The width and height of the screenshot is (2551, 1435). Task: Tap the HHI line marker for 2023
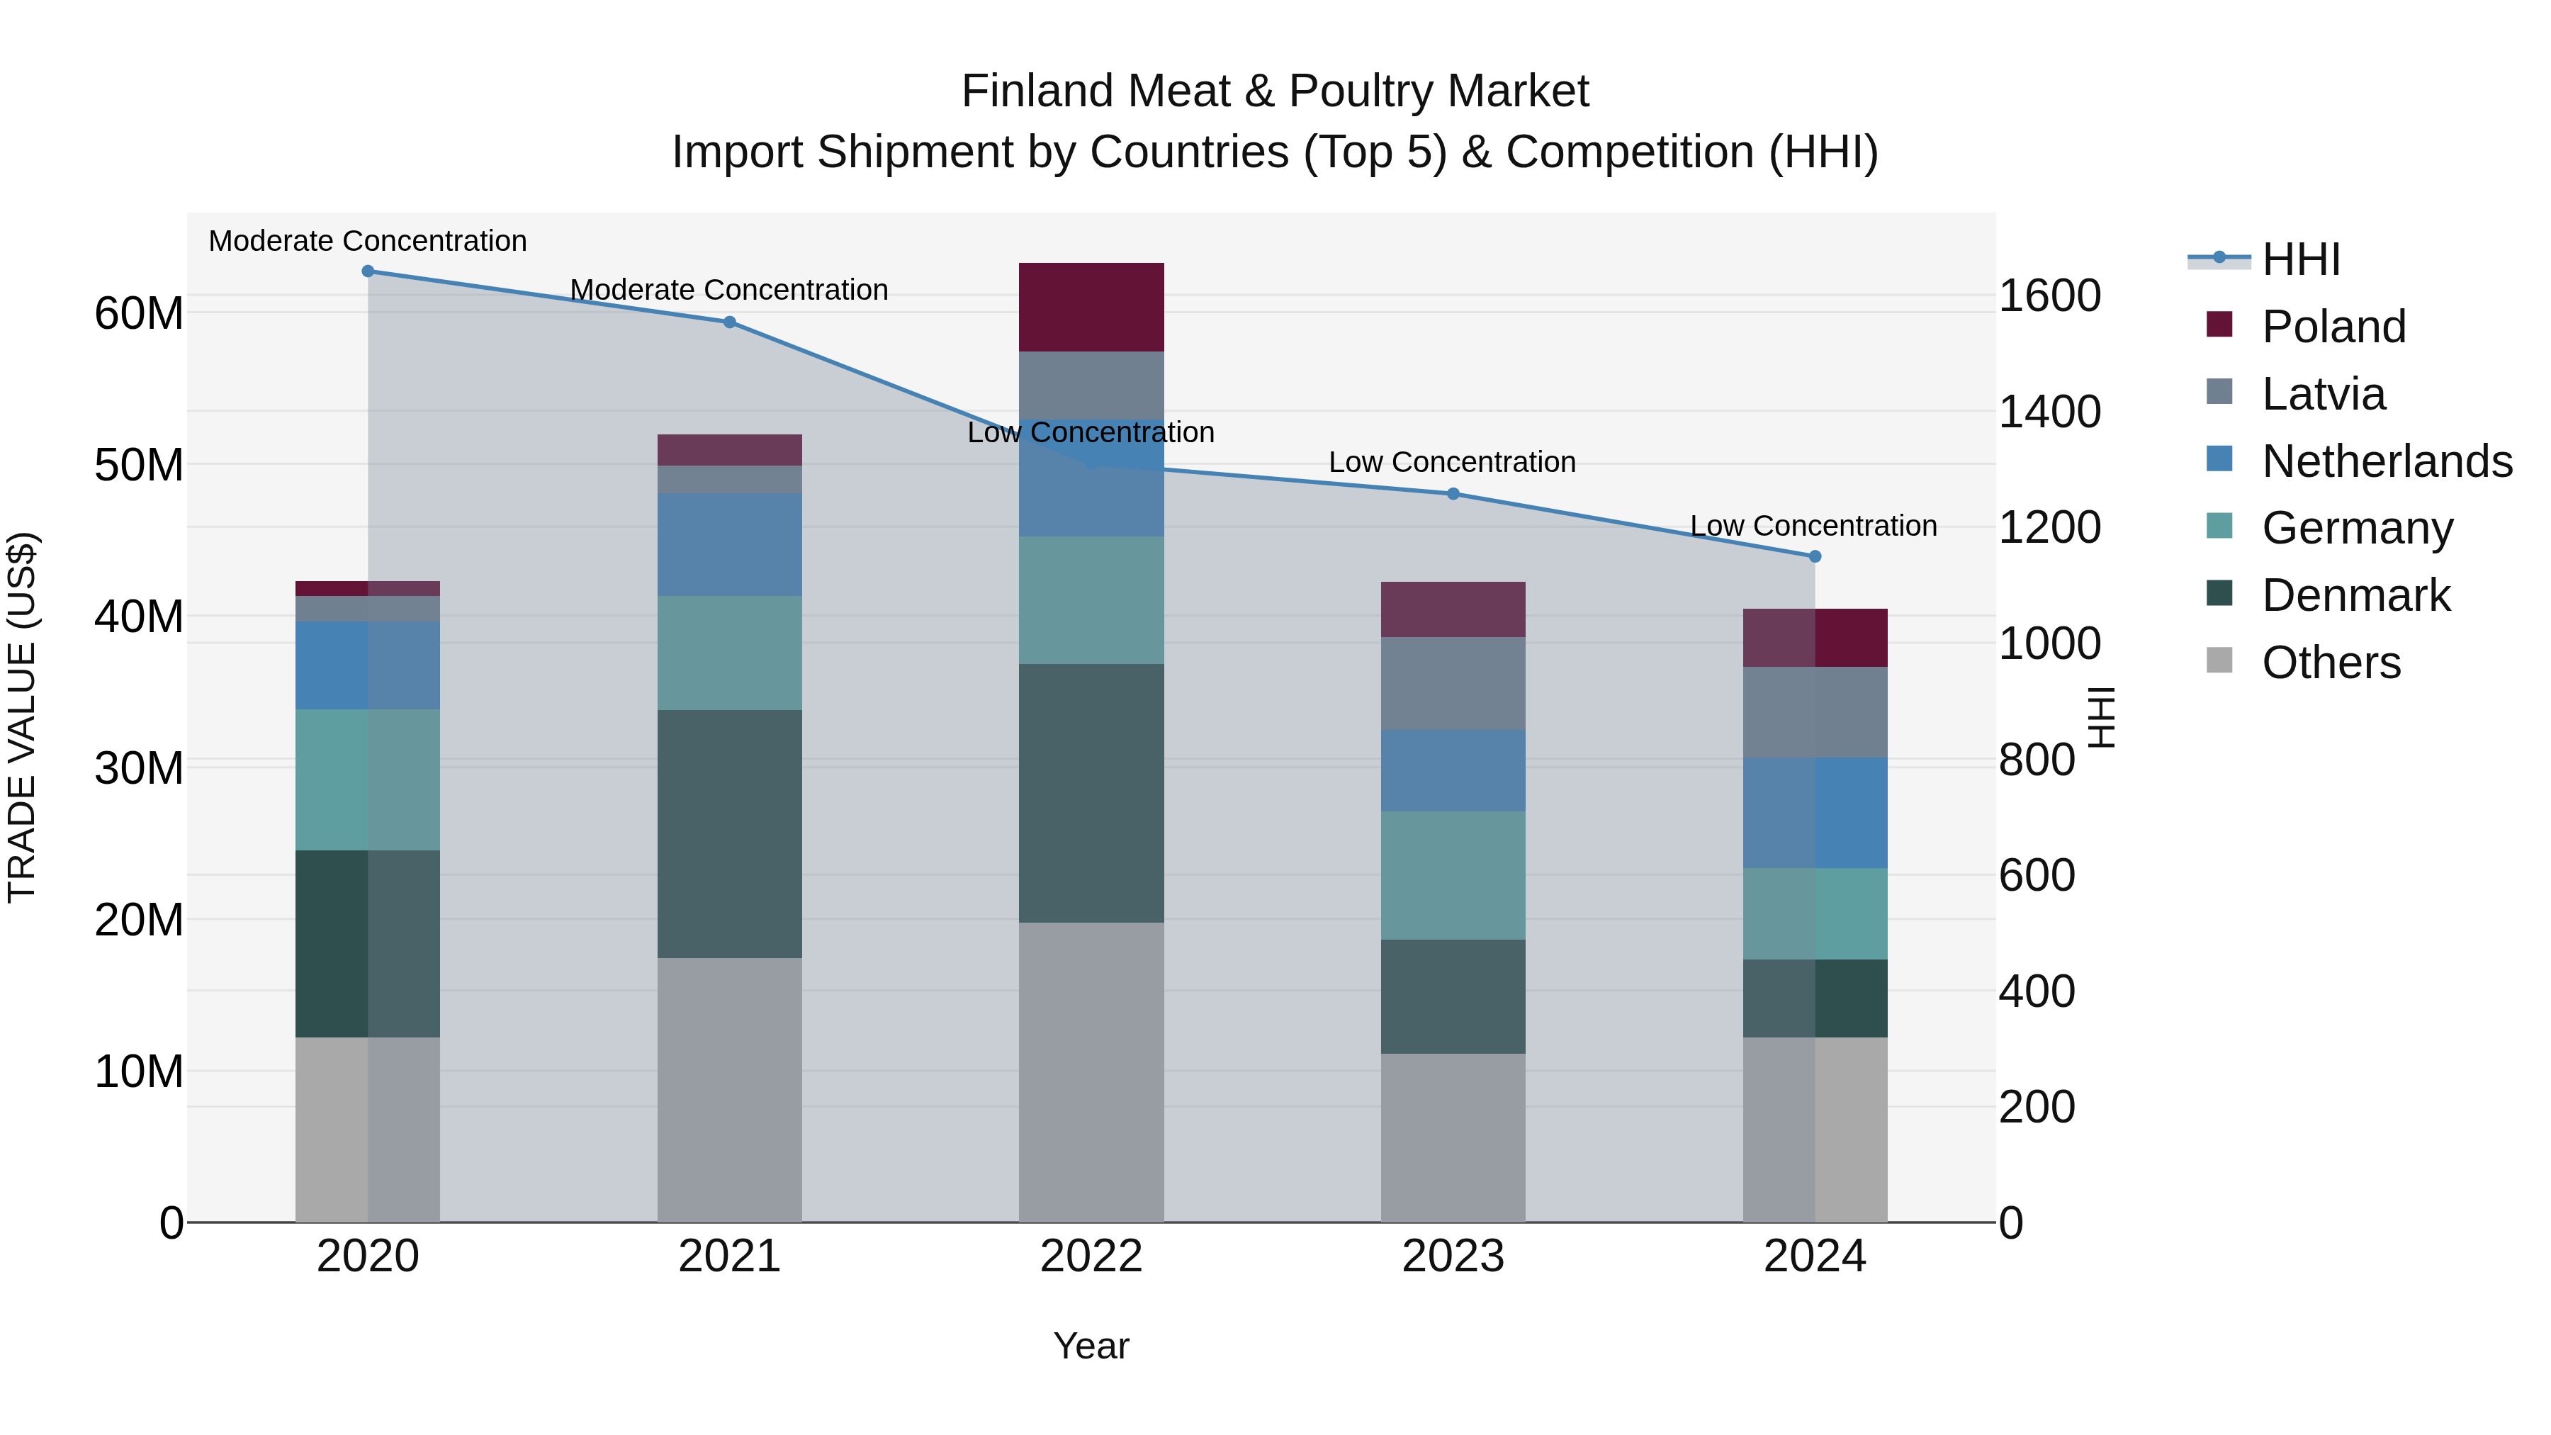1453,493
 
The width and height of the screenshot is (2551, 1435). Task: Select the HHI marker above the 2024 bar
1814,556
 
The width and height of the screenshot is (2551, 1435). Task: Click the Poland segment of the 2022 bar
1091,307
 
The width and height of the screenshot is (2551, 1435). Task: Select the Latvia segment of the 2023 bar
1453,683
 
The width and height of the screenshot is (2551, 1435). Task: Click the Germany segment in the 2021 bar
730,652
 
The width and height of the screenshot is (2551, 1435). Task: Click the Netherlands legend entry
2387,461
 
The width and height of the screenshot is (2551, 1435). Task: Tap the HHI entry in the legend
2299,259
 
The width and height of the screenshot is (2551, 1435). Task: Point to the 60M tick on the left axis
139,313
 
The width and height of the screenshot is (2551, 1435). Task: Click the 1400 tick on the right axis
2049,411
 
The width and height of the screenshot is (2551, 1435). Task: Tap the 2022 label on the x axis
1091,1256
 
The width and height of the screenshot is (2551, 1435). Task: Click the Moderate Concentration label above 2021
729,289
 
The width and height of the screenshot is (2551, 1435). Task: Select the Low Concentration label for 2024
1813,525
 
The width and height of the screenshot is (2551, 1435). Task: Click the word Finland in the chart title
1037,91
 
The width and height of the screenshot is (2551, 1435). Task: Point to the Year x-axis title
1091,1346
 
